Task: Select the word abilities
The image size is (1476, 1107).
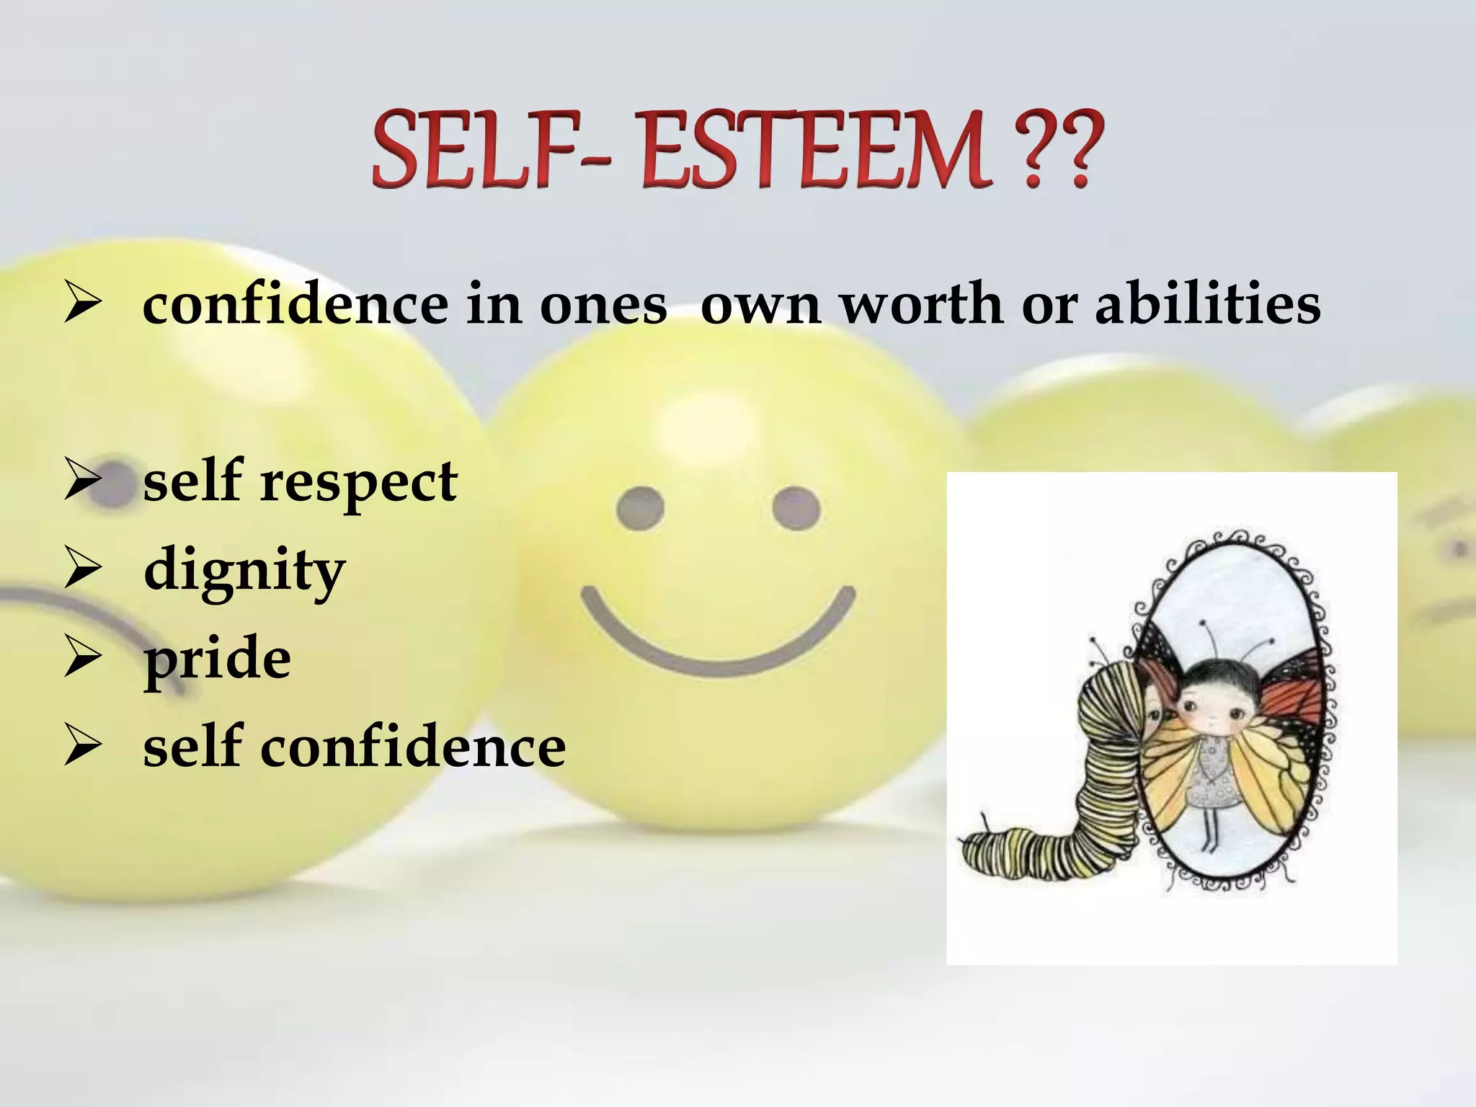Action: coord(1207,303)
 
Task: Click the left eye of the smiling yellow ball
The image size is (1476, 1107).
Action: coord(640,508)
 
